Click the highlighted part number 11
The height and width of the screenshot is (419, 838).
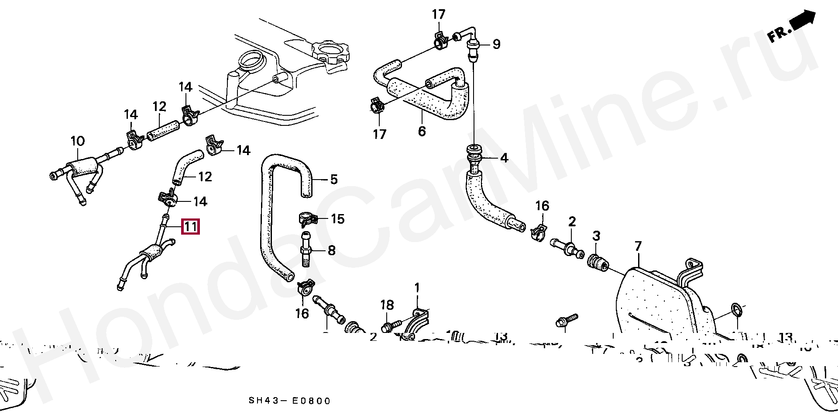coord(191,227)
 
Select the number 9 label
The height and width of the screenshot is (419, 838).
coord(496,44)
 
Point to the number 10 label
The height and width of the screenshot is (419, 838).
coord(78,141)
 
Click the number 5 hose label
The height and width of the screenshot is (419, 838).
coord(333,179)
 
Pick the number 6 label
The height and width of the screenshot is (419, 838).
coord(422,131)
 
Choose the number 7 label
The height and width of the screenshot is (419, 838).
coord(638,247)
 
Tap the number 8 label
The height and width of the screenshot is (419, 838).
coord(331,250)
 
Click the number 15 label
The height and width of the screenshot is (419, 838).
coord(338,218)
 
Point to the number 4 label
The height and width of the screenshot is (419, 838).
coord(504,158)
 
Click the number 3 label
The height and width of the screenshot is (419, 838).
coord(596,236)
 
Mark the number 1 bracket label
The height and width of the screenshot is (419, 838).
coord(417,287)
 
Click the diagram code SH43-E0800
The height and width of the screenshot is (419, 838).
coord(290,401)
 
